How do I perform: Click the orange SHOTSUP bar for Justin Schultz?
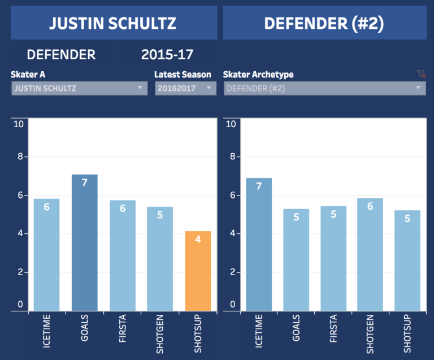tap(198, 271)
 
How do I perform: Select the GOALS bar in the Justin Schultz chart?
tap(84, 243)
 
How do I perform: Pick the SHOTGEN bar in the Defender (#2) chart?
tap(370, 254)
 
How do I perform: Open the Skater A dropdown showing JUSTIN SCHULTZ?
tap(79, 88)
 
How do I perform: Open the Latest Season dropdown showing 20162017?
tap(185, 88)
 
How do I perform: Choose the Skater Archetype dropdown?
tap(324, 88)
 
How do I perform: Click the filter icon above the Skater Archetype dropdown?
tap(420, 74)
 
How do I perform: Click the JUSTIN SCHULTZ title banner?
tap(113, 23)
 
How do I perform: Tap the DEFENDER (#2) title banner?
tap(324, 23)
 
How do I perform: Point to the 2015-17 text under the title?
tap(167, 55)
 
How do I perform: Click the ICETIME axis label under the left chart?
tap(47, 333)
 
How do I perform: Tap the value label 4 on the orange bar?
tap(198, 239)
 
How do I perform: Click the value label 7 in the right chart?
tap(259, 186)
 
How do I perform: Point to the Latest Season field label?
tap(183, 75)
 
